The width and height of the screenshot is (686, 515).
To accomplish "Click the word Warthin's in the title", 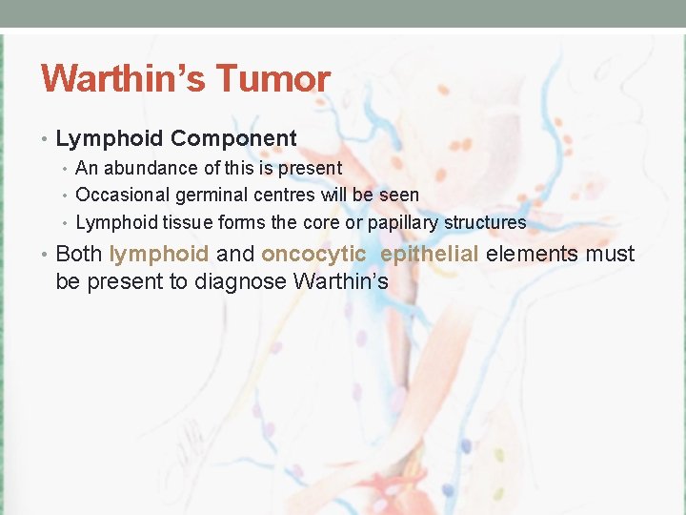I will coord(125,78).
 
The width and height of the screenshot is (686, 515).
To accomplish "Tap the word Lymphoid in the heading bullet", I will coord(110,138).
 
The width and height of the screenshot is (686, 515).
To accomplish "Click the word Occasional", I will coord(122,195).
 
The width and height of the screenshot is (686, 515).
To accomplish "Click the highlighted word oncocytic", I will coord(313,254).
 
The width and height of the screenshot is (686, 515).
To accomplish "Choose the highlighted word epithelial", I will coord(431,254).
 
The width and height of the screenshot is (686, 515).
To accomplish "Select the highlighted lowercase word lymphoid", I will coord(158,254).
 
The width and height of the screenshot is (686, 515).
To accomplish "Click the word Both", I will coord(79,254).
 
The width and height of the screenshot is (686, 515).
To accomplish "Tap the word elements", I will coord(534,254).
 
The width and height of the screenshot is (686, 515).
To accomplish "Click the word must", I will coord(611,254).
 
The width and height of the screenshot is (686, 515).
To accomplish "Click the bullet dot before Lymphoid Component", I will coord(46,139).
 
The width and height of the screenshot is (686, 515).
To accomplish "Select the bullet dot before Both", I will coord(46,255).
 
